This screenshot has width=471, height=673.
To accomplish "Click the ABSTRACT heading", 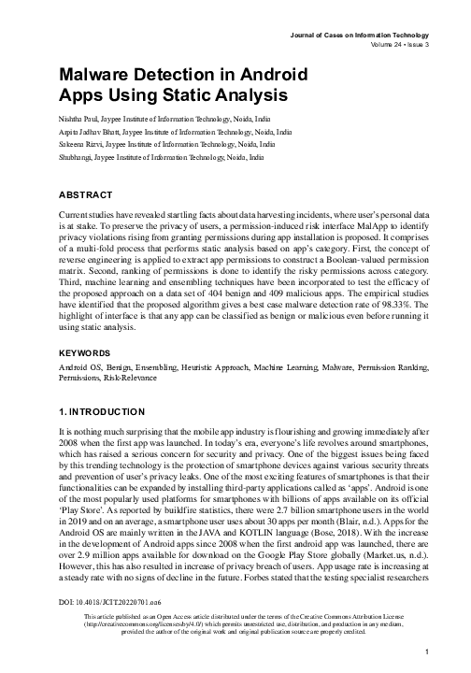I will click(85, 195).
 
